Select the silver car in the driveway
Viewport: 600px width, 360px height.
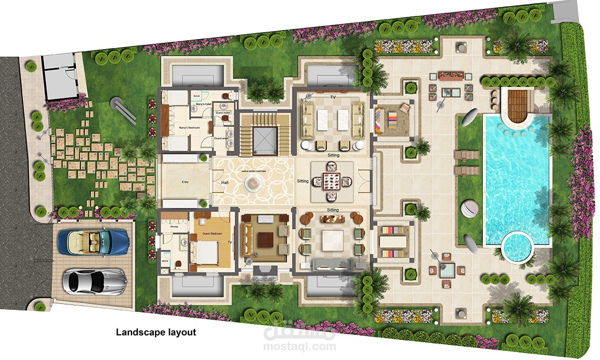point(95,281)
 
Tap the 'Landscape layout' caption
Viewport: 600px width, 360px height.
point(156,333)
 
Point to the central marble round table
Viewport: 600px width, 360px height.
point(254,183)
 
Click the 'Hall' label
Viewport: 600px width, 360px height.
point(225,183)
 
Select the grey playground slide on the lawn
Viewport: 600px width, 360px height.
point(122,108)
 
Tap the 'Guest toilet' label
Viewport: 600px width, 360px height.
point(223,113)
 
